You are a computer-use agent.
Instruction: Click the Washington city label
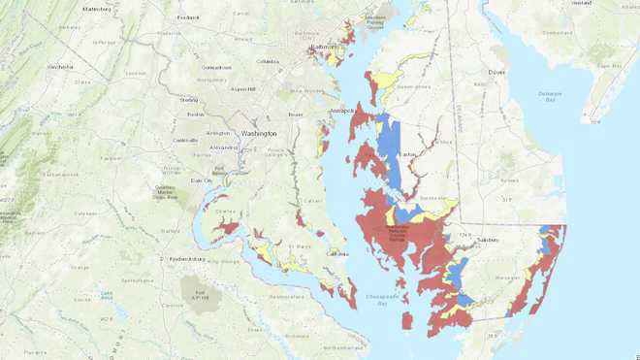[259, 133]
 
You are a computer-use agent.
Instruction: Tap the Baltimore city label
[322, 48]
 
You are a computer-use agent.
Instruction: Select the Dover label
[496, 72]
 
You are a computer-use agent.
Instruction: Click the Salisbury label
[487, 240]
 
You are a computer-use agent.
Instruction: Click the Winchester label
[60, 67]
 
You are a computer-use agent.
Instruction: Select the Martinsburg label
[96, 9]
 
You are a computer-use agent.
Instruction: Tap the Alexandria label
[224, 147]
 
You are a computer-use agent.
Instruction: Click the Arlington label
[217, 133]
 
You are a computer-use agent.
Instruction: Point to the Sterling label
[189, 99]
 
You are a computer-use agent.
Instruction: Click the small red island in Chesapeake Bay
[407, 319]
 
